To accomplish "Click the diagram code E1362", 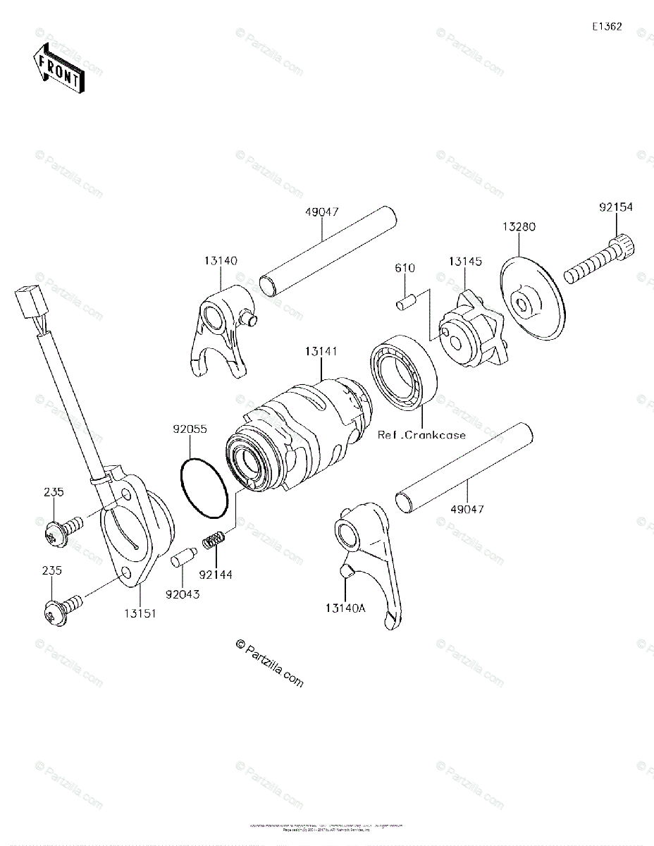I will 606,27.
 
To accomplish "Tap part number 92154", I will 616,207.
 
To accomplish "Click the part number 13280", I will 519,227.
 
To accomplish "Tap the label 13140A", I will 346,607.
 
